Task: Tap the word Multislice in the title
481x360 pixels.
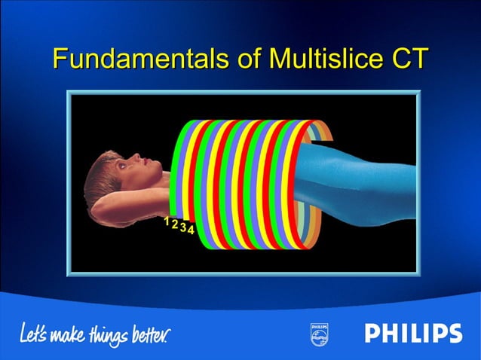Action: point(312,58)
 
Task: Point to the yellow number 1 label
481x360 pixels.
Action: point(167,221)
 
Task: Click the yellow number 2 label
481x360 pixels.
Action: point(174,224)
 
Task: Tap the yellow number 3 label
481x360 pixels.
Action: point(182,227)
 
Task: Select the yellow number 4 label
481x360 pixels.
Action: point(191,230)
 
